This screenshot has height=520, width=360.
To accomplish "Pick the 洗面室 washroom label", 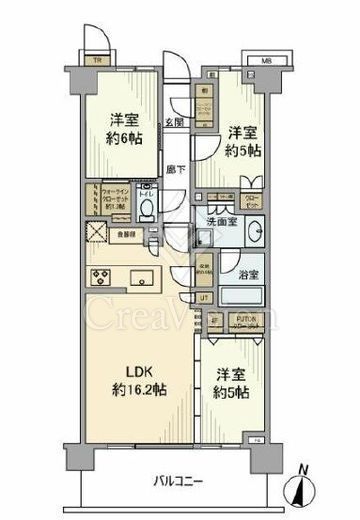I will (223, 221).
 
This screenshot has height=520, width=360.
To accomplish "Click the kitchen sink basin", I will (140, 277).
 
